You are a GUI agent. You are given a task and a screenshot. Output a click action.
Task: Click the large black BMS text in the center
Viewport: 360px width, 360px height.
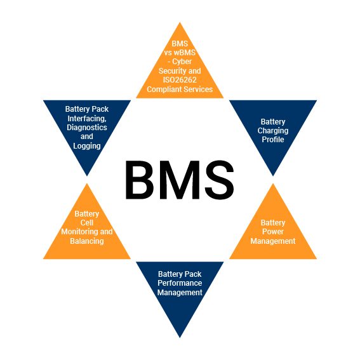click(x=180, y=180)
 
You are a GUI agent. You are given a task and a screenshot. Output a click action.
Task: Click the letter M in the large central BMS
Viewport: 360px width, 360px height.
click(x=180, y=180)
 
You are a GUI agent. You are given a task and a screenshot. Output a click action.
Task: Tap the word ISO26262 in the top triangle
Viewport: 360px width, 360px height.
click(x=180, y=80)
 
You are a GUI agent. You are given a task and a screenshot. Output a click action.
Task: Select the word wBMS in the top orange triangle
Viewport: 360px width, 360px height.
click(x=185, y=52)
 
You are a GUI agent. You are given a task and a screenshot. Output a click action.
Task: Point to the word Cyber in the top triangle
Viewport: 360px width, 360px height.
click(x=182, y=62)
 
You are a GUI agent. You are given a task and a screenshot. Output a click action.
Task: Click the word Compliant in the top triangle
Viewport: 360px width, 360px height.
click(x=163, y=90)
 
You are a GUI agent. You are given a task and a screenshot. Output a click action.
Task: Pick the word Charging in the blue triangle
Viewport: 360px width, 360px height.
click(x=273, y=131)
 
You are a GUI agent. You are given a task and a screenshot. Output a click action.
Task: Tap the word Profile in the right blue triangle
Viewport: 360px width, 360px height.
click(x=273, y=140)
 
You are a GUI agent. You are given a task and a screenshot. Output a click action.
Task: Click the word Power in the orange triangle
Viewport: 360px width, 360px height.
click(x=273, y=232)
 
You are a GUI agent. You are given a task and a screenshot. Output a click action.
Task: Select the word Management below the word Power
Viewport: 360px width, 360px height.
click(x=273, y=241)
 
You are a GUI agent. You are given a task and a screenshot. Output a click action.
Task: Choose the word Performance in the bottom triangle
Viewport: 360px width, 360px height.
click(x=180, y=283)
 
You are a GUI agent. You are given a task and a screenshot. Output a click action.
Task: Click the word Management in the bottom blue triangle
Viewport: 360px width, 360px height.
click(x=180, y=293)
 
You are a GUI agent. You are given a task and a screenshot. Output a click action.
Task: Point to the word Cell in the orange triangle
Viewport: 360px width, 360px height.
click(x=87, y=222)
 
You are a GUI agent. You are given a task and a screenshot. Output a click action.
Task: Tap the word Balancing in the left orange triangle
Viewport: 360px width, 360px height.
click(x=87, y=241)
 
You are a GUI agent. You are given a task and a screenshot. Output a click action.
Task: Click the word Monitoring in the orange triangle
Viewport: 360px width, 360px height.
click(x=77, y=232)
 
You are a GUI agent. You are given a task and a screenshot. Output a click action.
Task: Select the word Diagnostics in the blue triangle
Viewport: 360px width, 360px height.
click(x=87, y=128)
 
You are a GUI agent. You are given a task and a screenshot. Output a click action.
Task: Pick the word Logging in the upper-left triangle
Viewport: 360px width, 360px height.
click(x=87, y=146)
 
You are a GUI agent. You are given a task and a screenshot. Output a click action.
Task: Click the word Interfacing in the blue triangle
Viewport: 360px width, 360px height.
click(x=87, y=119)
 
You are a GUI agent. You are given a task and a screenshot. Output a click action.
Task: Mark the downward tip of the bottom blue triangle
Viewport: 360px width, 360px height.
click(x=180, y=337)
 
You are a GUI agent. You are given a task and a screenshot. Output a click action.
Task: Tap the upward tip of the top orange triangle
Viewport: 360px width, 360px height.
click(x=180, y=22)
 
